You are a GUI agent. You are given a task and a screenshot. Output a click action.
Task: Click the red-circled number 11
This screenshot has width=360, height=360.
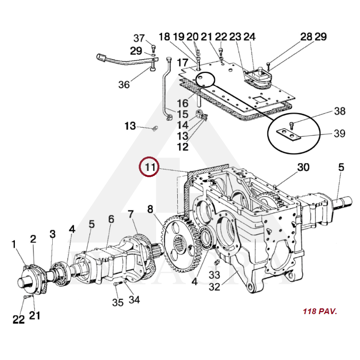[149, 168]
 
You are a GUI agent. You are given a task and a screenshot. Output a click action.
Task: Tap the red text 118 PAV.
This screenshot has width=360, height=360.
[320, 311]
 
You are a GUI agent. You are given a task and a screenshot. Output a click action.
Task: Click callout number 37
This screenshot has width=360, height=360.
[139, 38]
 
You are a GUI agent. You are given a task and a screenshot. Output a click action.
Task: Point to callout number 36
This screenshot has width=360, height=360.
[124, 84]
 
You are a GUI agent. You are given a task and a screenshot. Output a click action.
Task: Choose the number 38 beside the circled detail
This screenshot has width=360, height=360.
[340, 111]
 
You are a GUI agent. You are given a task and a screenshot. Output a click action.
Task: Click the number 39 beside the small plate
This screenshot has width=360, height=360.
[340, 134]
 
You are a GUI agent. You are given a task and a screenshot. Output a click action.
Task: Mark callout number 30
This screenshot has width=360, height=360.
[303, 167]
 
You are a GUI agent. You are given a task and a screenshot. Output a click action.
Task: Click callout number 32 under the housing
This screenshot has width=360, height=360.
[214, 286]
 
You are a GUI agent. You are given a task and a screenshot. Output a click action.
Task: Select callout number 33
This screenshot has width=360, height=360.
[214, 274]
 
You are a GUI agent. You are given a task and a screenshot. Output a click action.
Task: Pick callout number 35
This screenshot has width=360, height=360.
[117, 302]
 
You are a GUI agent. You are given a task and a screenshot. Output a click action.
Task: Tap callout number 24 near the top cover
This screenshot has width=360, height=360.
[249, 37]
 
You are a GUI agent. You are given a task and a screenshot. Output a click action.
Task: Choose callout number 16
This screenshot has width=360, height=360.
[182, 104]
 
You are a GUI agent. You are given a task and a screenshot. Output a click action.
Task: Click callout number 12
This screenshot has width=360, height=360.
[182, 147]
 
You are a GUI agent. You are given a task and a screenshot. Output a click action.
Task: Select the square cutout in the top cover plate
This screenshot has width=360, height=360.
[259, 99]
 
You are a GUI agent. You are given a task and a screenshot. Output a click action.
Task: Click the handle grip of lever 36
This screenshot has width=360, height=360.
[101, 57]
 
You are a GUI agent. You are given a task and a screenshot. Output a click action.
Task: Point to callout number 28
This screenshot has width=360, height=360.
[306, 37]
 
